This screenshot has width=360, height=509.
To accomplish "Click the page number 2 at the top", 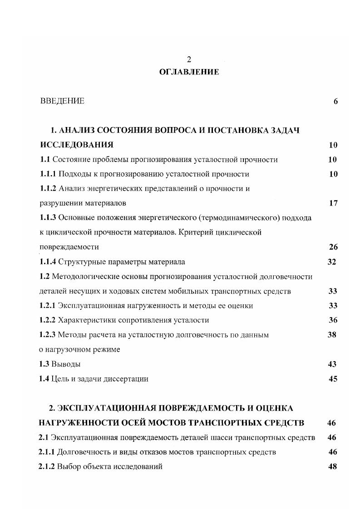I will click(x=189, y=59).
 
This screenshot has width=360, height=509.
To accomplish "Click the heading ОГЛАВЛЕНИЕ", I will click(x=189, y=72).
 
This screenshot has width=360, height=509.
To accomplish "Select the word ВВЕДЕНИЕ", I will click(x=62, y=101).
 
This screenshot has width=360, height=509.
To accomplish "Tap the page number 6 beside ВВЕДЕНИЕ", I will click(x=335, y=101).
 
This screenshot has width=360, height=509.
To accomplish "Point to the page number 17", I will click(x=333, y=203).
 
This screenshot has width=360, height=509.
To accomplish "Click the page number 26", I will click(x=333, y=247).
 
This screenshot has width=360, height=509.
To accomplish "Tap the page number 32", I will click(x=332, y=262).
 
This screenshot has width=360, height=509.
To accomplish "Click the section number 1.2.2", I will click(x=47, y=320).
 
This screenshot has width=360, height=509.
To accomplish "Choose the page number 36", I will click(x=333, y=320).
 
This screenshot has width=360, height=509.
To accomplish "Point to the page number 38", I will click(x=332, y=335).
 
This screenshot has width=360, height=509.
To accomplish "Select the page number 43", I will click(x=332, y=364).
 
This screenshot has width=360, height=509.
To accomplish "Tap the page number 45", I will click(x=333, y=379).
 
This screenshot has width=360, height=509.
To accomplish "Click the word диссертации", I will click(x=126, y=379).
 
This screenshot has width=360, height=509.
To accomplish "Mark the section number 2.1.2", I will click(x=47, y=466).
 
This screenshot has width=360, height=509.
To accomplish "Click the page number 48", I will click(x=332, y=466).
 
